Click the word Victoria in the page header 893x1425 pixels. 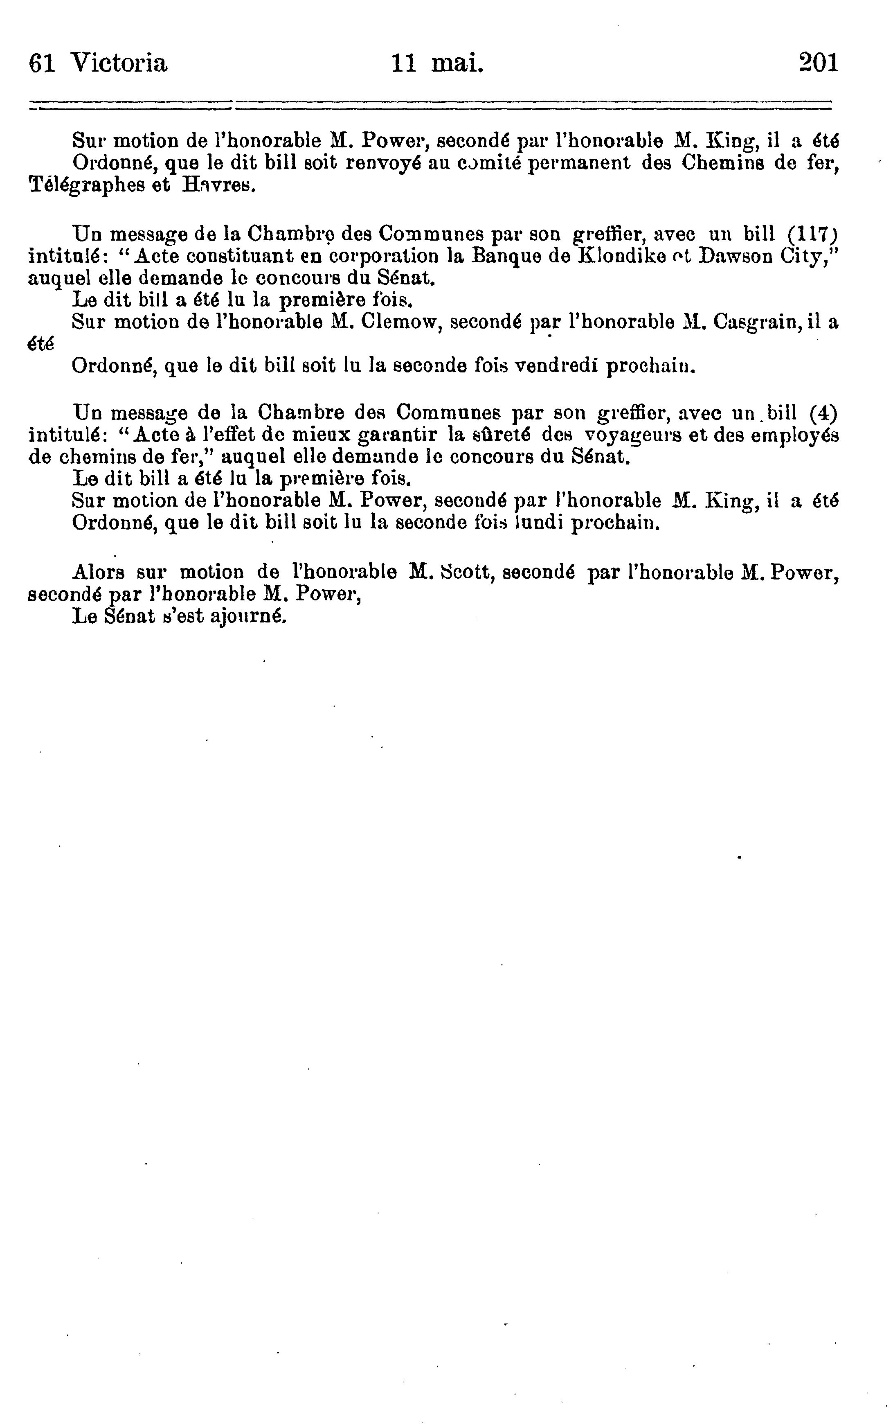coord(119,63)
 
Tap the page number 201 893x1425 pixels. coord(818,63)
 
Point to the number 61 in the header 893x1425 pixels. coord(42,63)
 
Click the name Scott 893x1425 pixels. coord(467,572)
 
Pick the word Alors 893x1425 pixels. coord(98,572)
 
